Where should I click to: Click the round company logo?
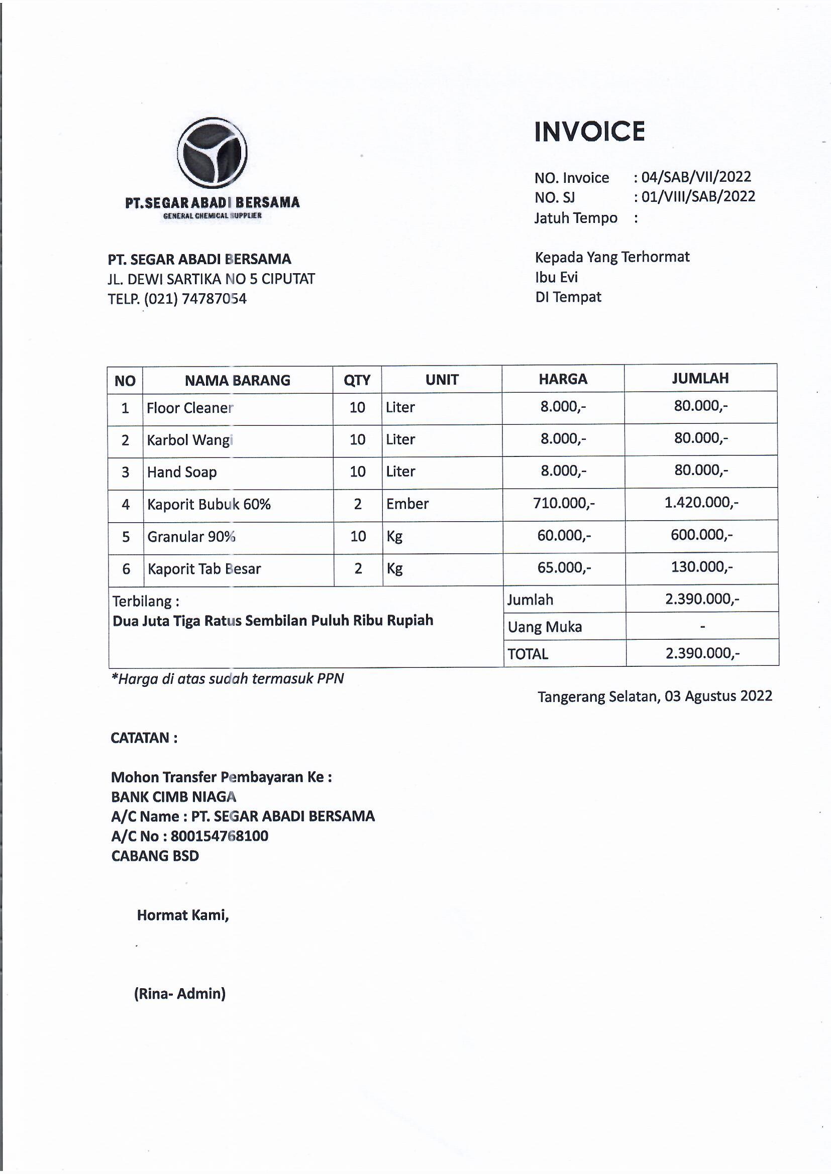click(x=212, y=152)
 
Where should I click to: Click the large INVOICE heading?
click(x=589, y=132)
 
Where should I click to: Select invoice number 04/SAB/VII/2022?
click(x=696, y=177)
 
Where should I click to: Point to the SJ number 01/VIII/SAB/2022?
click(x=698, y=196)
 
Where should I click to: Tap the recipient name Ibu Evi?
click(x=556, y=277)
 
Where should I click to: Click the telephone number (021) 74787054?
click(x=195, y=299)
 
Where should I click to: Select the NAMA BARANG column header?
click(x=238, y=381)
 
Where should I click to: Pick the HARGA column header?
click(x=563, y=379)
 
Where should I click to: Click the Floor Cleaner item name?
click(x=190, y=408)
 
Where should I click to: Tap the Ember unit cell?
click(x=407, y=504)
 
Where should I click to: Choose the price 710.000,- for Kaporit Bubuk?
click(x=563, y=503)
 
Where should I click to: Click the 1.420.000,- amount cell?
click(x=701, y=502)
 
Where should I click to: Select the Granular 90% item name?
click(x=191, y=536)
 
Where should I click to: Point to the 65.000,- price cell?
click(x=564, y=567)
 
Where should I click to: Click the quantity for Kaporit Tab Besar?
click(x=358, y=568)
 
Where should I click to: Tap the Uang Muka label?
click(x=545, y=627)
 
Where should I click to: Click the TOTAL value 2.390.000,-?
click(x=702, y=653)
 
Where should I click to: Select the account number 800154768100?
click(x=220, y=836)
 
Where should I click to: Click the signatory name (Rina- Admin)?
click(x=179, y=994)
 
